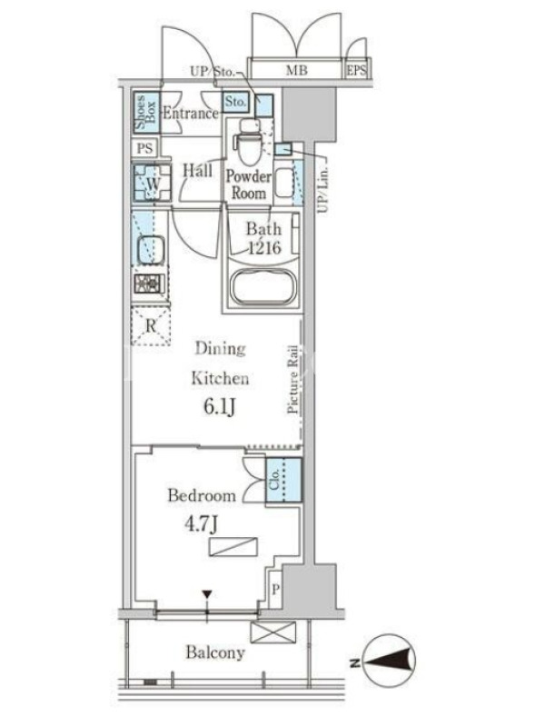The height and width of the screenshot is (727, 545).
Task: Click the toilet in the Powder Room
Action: tap(247, 141)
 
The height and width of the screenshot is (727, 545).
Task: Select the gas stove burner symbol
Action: tap(149, 284)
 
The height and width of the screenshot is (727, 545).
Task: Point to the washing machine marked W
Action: tap(152, 183)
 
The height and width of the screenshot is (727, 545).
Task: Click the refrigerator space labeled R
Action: tap(151, 325)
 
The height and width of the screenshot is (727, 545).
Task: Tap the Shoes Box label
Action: tap(145, 113)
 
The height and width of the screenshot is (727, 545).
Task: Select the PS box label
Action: tap(144, 148)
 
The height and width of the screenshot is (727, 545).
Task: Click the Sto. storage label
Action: tap(235, 102)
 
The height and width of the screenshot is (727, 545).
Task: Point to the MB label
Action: tap(297, 71)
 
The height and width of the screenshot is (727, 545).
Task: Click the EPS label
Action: tap(356, 71)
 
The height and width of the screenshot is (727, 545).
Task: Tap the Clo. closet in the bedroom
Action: tap(283, 480)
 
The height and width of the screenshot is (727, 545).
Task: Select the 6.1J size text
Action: tap(220, 407)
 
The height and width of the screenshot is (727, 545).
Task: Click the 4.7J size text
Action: tap(201, 524)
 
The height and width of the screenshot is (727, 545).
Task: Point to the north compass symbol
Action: tap(389, 662)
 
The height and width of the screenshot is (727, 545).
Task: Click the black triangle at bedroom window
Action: tap(207, 594)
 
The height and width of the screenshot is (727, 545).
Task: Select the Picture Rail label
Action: tap(292, 379)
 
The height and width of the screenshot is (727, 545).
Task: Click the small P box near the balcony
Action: tap(275, 589)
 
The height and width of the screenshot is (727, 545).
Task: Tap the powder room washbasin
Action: tap(283, 182)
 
